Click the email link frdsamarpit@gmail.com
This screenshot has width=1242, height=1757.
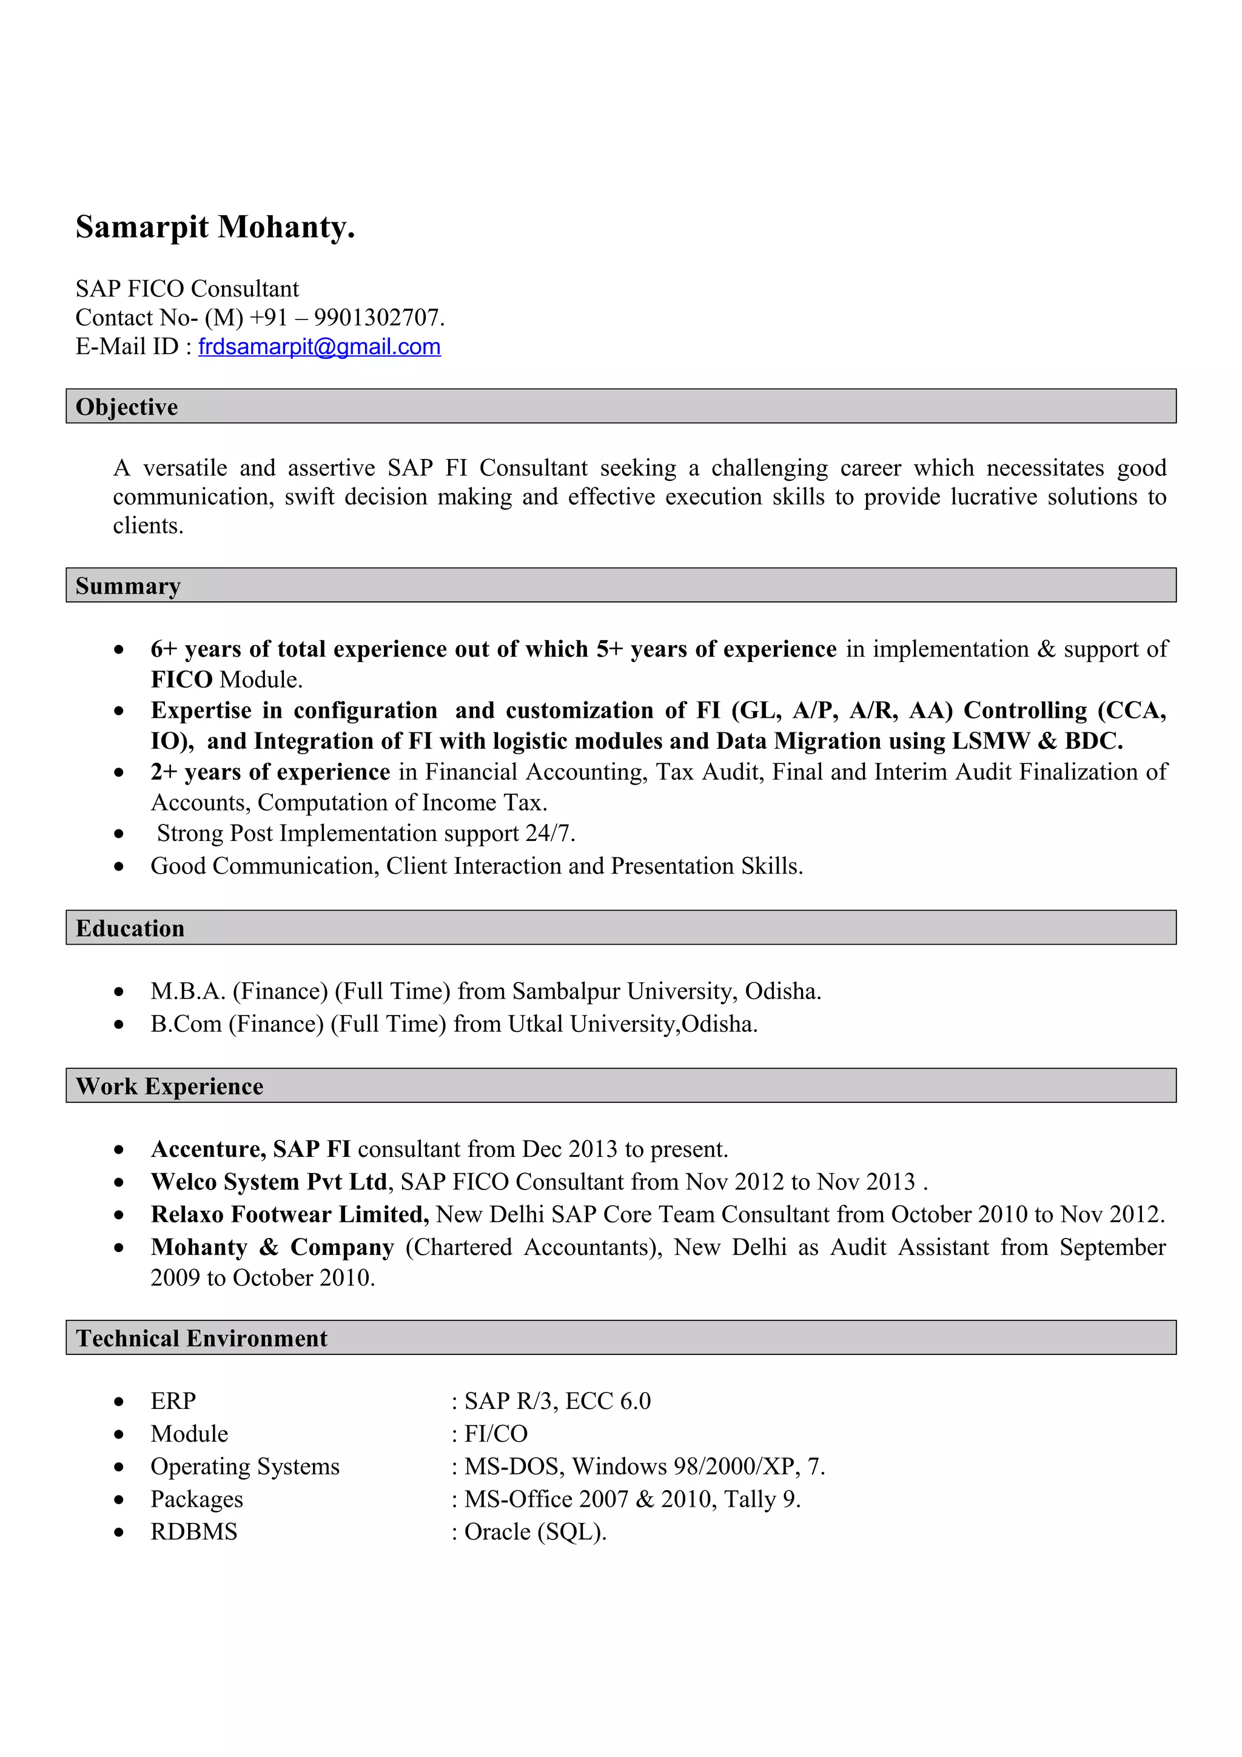319,347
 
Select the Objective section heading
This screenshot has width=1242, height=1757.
126,406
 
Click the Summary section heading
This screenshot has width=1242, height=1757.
128,586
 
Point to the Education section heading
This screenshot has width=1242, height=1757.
130,928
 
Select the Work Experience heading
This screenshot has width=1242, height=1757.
169,1086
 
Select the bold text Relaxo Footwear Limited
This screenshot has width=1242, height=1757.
289,1214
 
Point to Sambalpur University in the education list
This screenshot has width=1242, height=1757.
623,991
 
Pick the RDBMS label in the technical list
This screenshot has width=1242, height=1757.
193,1531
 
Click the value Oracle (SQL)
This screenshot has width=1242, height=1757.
535,1531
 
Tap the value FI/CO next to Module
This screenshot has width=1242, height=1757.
496,1433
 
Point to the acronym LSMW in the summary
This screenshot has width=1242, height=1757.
990,741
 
